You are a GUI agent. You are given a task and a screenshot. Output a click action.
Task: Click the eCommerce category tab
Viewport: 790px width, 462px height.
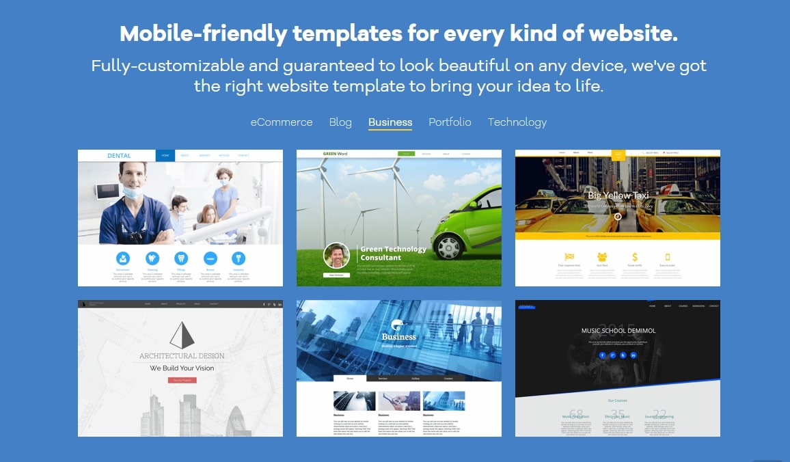click(x=282, y=122)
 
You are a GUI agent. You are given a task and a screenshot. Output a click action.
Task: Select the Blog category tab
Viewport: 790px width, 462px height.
click(x=340, y=122)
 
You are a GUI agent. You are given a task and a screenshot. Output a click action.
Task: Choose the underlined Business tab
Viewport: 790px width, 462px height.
click(x=390, y=122)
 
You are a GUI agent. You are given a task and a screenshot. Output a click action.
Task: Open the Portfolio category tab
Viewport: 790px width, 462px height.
click(x=450, y=122)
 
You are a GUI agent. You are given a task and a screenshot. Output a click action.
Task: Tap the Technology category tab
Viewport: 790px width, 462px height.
click(x=517, y=122)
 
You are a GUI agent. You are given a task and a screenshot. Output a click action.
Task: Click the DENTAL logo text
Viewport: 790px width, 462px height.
click(x=119, y=156)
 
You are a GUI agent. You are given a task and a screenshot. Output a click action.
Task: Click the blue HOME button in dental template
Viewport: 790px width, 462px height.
click(x=165, y=156)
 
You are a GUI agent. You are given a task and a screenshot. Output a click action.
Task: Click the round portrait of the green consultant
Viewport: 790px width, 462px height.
click(x=336, y=256)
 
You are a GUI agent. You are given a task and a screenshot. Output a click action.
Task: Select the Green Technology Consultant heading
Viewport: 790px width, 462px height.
click(x=393, y=253)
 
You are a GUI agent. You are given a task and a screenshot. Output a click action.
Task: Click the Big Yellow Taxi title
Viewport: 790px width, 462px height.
click(x=618, y=195)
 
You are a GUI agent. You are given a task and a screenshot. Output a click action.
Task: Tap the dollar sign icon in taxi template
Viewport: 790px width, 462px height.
click(x=635, y=257)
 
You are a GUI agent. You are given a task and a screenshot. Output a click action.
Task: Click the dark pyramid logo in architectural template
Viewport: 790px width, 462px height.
click(x=182, y=336)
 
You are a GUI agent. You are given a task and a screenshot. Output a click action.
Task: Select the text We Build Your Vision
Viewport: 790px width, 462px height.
click(x=182, y=368)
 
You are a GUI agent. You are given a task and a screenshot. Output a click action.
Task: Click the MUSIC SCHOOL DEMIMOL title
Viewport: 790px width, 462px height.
click(x=618, y=331)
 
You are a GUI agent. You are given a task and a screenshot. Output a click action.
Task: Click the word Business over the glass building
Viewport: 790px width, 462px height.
click(x=399, y=336)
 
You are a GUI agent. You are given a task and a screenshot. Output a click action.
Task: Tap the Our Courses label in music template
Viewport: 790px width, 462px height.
click(x=617, y=400)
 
